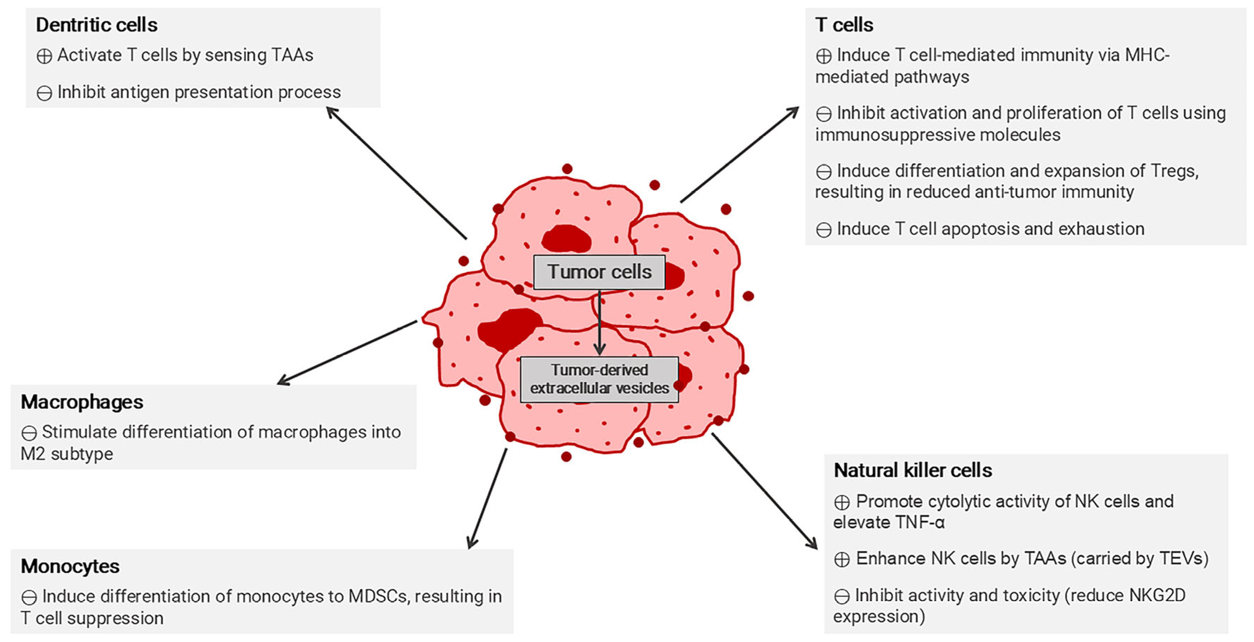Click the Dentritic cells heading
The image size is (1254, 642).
(x=96, y=25)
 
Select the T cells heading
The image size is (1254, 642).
(x=844, y=25)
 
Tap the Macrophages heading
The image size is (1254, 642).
(x=82, y=402)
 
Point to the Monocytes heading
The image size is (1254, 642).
(x=70, y=566)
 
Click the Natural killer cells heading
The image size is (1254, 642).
(x=913, y=470)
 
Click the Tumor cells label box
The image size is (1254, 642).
(x=599, y=272)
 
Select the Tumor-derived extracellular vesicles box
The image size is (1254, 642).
(x=599, y=379)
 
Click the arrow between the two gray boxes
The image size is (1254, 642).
(x=600, y=323)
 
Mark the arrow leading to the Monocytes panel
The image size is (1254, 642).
(x=487, y=499)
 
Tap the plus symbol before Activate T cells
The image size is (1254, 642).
(x=44, y=56)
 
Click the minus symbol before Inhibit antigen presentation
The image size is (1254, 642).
(x=44, y=93)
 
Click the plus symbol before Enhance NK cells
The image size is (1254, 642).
(x=842, y=559)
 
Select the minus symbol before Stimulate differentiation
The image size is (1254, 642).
(x=29, y=433)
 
